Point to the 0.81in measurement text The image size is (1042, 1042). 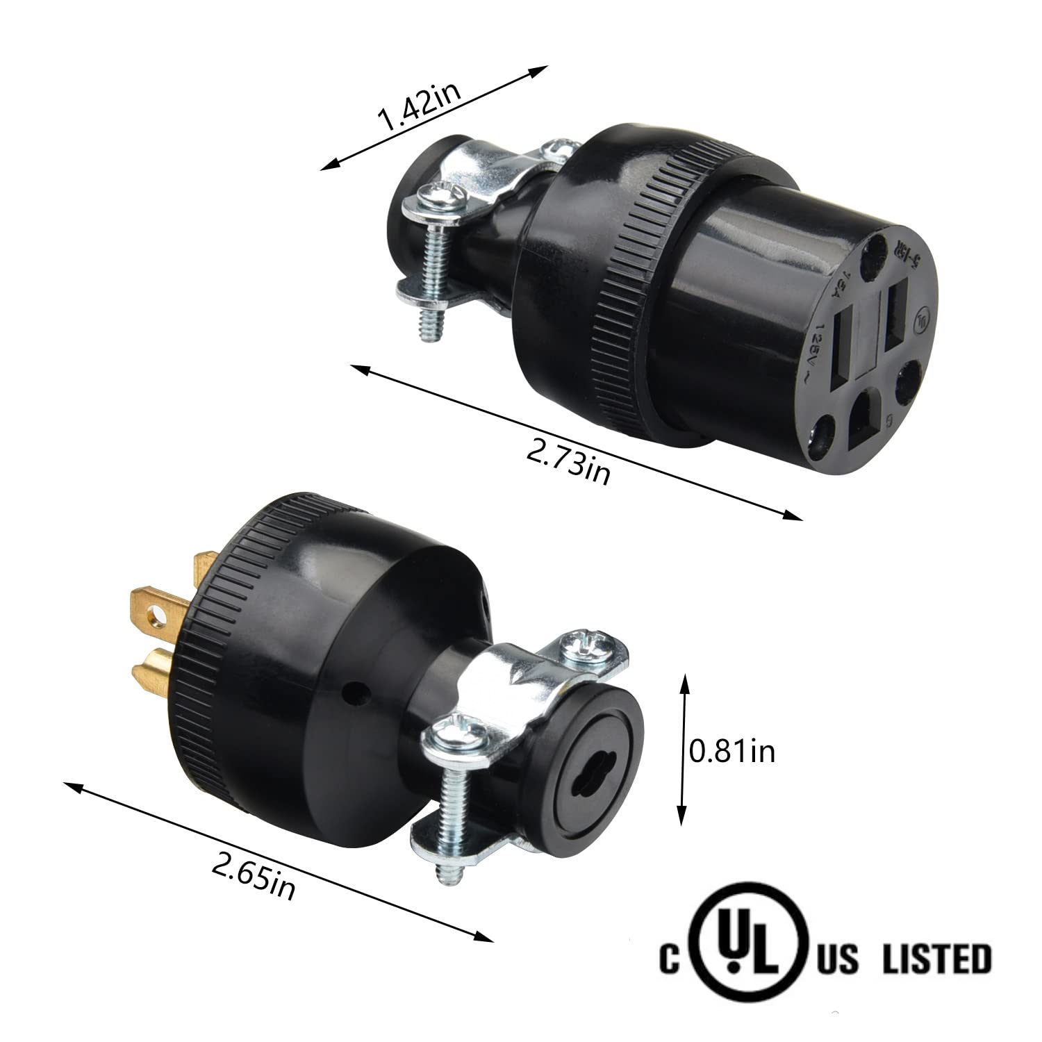(x=731, y=752)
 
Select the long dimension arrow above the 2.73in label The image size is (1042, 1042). (x=577, y=443)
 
